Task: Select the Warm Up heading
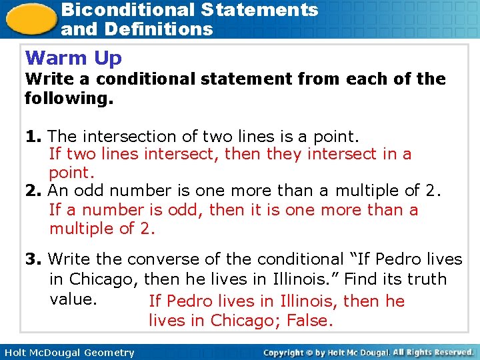click(x=73, y=59)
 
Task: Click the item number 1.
click(x=33, y=137)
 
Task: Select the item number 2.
click(x=33, y=191)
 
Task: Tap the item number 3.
click(x=33, y=259)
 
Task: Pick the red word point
click(x=69, y=173)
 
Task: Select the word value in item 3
click(x=73, y=299)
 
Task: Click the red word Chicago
click(x=243, y=321)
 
